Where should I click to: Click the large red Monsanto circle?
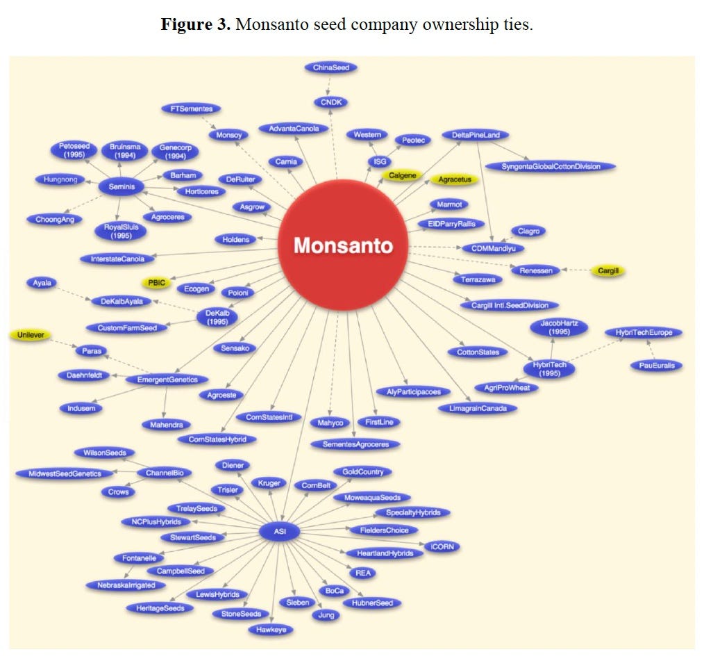coord(342,246)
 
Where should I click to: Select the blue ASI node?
coord(280,532)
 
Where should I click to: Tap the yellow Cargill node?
coord(607,270)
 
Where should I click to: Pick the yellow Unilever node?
coord(31,335)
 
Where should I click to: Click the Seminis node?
coord(121,186)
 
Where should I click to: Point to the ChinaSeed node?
coord(330,67)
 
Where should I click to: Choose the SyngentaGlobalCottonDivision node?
coord(550,166)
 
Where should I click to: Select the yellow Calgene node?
coord(402,175)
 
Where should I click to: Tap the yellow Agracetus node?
coord(454,179)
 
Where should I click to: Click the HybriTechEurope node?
coord(644,333)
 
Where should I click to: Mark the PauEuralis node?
coord(656,365)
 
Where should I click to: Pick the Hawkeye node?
coord(271,630)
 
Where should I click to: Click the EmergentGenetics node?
coord(167,380)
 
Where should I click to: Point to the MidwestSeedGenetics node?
coord(65,473)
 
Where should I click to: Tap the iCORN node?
coord(441,546)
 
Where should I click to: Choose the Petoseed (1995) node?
coord(74,151)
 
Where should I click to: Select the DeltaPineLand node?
coord(476,135)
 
